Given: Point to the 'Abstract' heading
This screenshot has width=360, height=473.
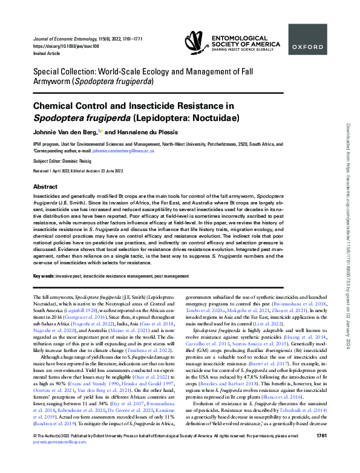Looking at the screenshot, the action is point(45,187).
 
